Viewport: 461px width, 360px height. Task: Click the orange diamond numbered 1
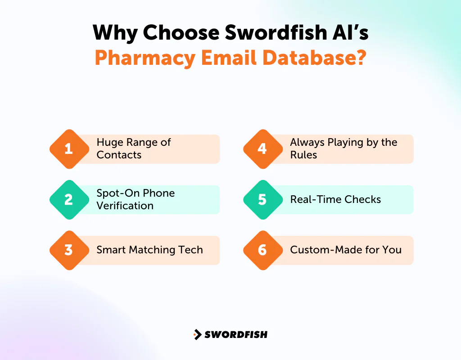(68, 149)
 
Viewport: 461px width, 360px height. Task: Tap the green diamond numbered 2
(68, 199)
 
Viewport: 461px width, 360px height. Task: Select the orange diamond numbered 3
(68, 250)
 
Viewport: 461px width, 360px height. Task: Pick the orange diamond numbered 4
(262, 149)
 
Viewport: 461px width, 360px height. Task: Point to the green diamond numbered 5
(262, 199)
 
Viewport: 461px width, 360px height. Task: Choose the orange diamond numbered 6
(262, 250)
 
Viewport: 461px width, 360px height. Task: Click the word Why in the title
(113, 33)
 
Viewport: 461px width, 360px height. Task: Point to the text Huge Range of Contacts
(134, 148)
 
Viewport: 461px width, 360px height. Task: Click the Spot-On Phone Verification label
(136, 199)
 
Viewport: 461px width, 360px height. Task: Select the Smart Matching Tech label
(149, 250)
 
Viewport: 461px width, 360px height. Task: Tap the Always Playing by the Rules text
(343, 148)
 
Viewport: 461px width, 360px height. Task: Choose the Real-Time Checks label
(335, 199)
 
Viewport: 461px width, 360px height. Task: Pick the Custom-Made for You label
(346, 250)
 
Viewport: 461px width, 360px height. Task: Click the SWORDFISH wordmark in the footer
(236, 334)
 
